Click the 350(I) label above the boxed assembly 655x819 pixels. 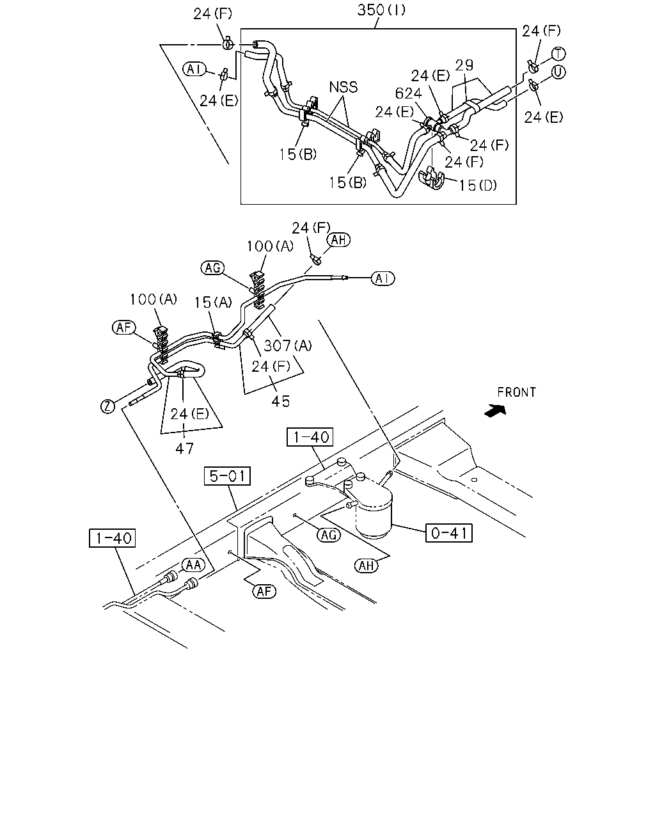click(x=381, y=10)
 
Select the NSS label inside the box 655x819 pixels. click(x=343, y=87)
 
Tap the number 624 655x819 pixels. click(x=408, y=93)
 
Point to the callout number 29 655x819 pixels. click(x=464, y=65)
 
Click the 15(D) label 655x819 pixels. click(x=478, y=186)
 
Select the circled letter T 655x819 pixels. click(x=558, y=54)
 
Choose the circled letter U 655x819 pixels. click(x=558, y=72)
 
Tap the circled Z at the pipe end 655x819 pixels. click(x=107, y=406)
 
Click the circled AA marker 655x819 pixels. click(x=193, y=565)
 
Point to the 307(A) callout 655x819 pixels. click(x=288, y=346)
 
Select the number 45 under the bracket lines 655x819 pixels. click(x=281, y=401)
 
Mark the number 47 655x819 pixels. click(x=185, y=449)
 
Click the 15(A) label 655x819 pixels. click(x=213, y=303)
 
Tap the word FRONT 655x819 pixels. click(x=516, y=392)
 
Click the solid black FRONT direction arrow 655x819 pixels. click(x=495, y=411)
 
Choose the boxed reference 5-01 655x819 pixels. click(x=227, y=475)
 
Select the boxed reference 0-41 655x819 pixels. click(x=449, y=533)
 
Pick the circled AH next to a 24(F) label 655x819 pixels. click(x=338, y=240)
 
